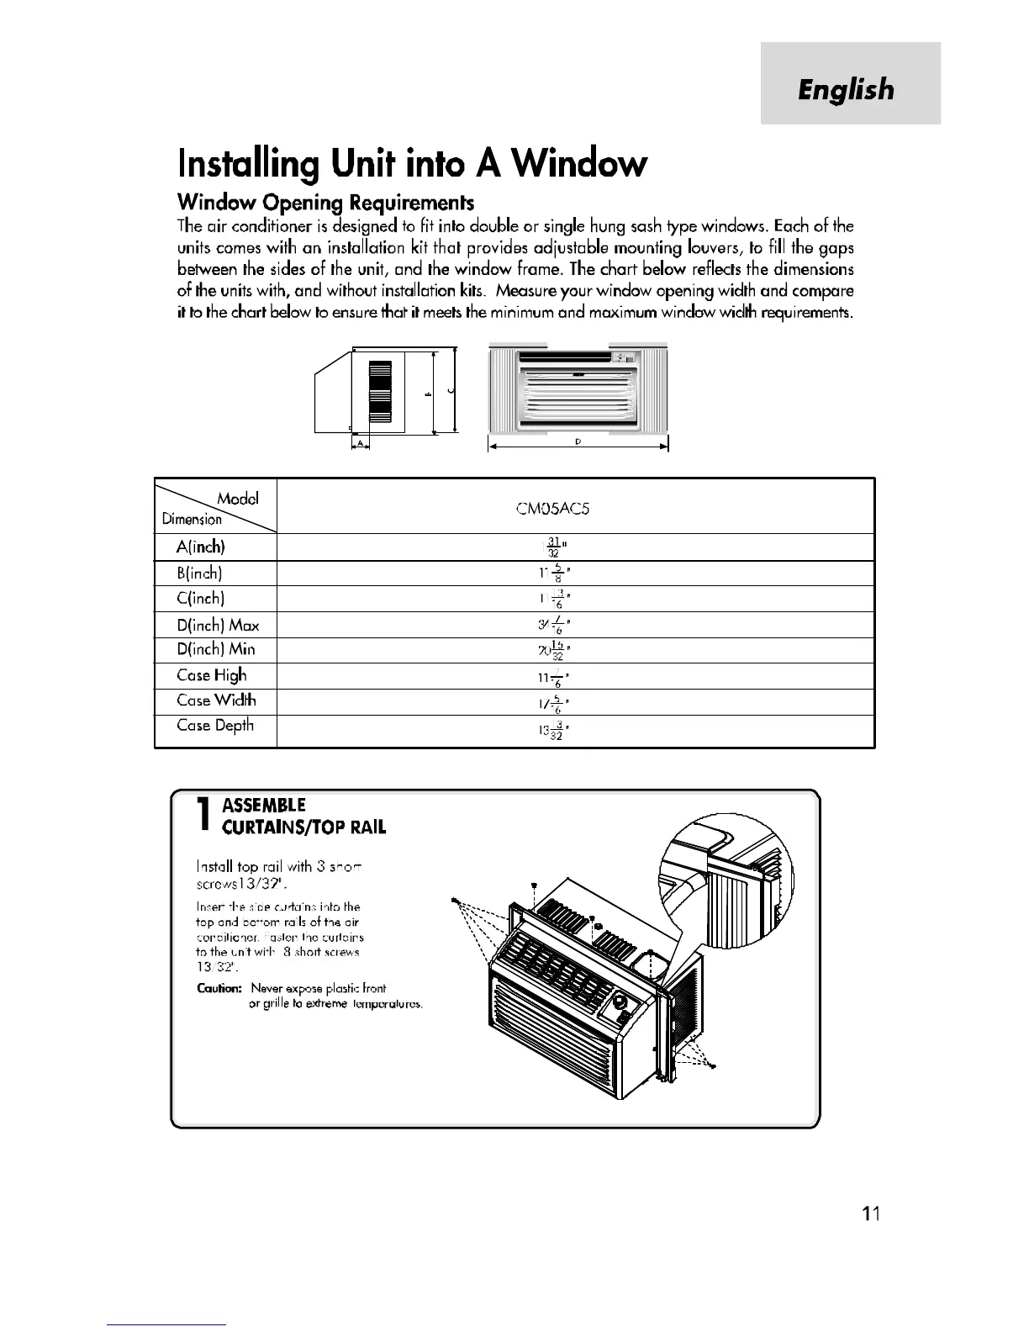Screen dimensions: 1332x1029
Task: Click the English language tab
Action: tap(847, 89)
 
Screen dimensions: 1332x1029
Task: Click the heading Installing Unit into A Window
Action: tap(412, 163)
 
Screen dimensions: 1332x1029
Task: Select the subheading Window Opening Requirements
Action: tap(325, 203)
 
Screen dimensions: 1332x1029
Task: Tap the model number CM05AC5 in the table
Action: tap(575, 509)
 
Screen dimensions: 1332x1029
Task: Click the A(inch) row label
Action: tap(201, 547)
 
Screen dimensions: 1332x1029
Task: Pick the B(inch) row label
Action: tap(200, 573)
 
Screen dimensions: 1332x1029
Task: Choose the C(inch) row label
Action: tap(200, 599)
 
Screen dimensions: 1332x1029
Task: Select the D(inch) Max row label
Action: tap(218, 625)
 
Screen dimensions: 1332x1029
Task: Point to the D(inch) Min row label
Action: tap(216, 650)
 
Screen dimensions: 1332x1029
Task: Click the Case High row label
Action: tap(212, 675)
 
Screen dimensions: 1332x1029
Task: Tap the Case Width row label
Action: tap(216, 700)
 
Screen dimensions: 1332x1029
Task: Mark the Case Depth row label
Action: tap(215, 726)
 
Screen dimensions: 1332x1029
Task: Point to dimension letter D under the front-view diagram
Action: tap(579, 441)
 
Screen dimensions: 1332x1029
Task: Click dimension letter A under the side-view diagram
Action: tap(360, 442)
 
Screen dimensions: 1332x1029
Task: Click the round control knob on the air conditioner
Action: tap(621, 1002)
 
